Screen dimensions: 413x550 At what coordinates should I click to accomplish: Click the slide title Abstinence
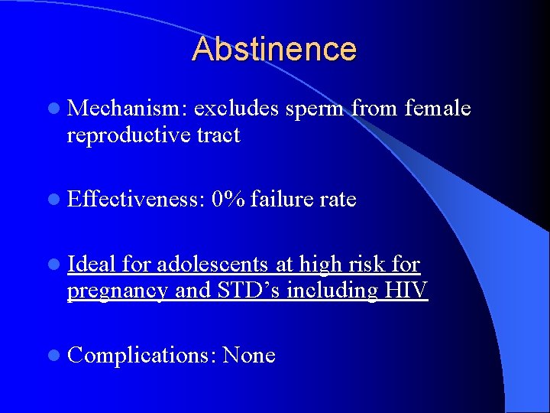coord(274,49)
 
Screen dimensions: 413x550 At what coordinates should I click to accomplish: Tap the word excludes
coord(237,109)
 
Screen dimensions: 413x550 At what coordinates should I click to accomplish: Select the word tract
coord(218,136)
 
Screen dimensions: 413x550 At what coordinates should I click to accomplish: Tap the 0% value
coord(228,200)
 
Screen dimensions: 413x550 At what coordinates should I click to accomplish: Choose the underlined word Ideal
coord(91,264)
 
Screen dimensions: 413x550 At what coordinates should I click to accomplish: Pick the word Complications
coord(142,356)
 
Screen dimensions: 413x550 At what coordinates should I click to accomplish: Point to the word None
coord(249,356)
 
